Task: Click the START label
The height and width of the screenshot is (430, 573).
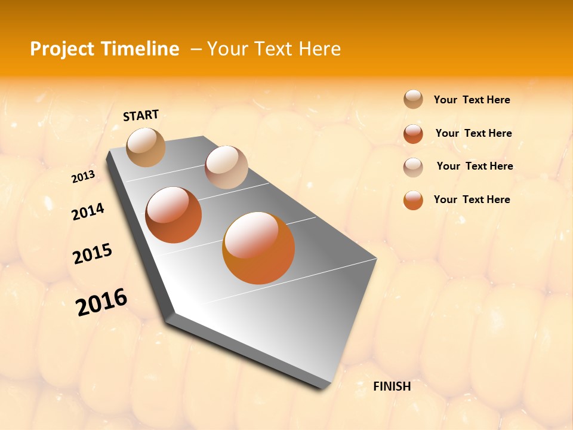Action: pyautogui.click(x=141, y=115)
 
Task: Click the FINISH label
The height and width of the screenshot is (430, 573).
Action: pyautogui.click(x=392, y=386)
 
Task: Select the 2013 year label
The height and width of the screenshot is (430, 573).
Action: pyautogui.click(x=83, y=177)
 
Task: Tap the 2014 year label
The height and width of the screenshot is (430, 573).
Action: pyautogui.click(x=88, y=211)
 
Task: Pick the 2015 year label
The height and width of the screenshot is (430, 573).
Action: pyautogui.click(x=92, y=253)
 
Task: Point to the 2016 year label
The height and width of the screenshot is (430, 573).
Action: pyautogui.click(x=101, y=302)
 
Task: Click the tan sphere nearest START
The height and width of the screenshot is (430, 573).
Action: pyautogui.click(x=146, y=147)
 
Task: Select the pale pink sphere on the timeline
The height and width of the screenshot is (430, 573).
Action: pyautogui.click(x=226, y=167)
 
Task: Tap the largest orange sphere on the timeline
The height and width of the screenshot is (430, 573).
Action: pyautogui.click(x=258, y=247)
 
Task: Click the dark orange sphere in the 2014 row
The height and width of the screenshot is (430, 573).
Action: pyautogui.click(x=174, y=215)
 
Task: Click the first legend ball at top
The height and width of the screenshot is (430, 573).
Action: pyautogui.click(x=413, y=100)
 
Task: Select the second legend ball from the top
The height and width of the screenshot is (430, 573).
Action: pyautogui.click(x=413, y=134)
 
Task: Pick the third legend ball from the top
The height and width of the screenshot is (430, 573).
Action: pyautogui.click(x=413, y=167)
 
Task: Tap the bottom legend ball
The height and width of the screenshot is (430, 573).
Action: pyautogui.click(x=413, y=200)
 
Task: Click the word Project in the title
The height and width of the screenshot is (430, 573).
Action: pyautogui.click(x=63, y=49)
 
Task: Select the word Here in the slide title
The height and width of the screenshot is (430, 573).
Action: pyautogui.click(x=319, y=49)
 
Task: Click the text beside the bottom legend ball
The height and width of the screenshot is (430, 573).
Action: pyautogui.click(x=472, y=199)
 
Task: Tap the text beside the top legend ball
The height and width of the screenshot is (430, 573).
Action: pyautogui.click(x=472, y=100)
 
